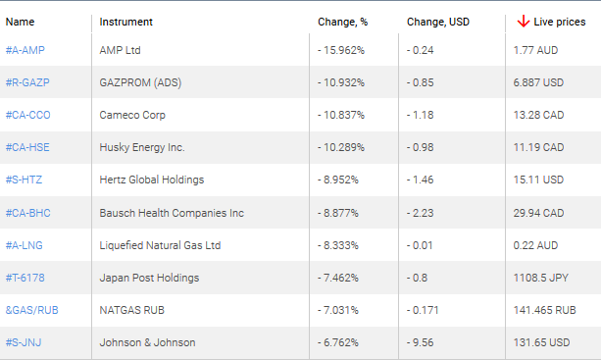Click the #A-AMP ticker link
point(26,49)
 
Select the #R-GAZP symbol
point(28,81)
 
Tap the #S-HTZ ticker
point(25,180)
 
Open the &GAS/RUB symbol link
point(31,310)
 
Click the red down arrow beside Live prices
point(524,21)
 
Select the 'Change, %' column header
point(341,22)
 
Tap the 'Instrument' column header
point(126,22)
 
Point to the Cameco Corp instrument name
point(132,115)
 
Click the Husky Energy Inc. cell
point(142,147)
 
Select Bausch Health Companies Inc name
point(172,213)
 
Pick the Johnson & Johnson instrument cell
point(147,342)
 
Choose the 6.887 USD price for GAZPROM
point(539,81)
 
